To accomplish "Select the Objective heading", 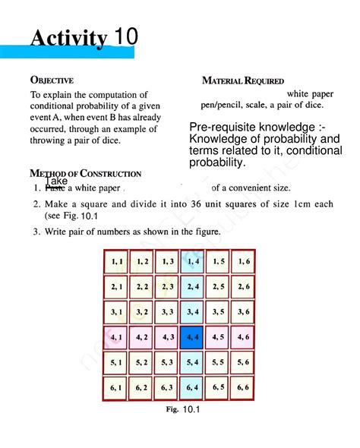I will (52, 79).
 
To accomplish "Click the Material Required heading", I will (243, 80).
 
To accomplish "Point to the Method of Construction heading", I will (85, 174).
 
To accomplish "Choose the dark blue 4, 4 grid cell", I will (191, 336).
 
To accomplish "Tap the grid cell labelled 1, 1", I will (117, 261).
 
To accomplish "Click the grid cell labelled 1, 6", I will (242, 261).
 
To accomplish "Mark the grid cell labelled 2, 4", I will (191, 286).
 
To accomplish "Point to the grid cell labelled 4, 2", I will (142, 336).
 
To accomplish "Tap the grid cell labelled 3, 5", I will (217, 311).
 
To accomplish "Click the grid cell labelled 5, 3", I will (167, 361).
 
